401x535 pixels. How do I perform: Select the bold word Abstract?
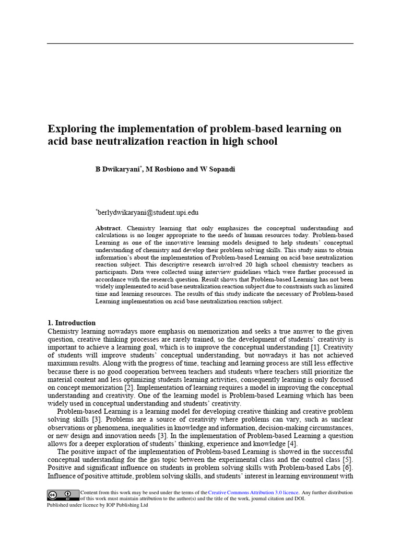108,228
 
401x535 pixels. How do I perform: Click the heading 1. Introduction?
72,323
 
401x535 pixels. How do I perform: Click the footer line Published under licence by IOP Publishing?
97,505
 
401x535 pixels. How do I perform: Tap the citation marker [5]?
347,460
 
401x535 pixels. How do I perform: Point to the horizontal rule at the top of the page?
200,43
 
